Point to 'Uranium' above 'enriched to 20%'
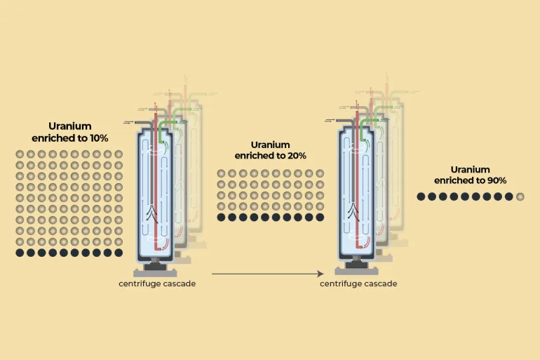click(270, 145)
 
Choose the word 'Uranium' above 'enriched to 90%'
click(470, 169)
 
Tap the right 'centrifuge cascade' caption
click(358, 284)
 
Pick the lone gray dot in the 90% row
click(520, 196)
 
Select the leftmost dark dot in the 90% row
click(421, 196)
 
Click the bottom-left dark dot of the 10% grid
click(20, 253)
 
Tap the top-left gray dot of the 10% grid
click(20, 154)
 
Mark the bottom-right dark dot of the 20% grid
click(320, 218)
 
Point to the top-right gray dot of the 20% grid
click(320, 173)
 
